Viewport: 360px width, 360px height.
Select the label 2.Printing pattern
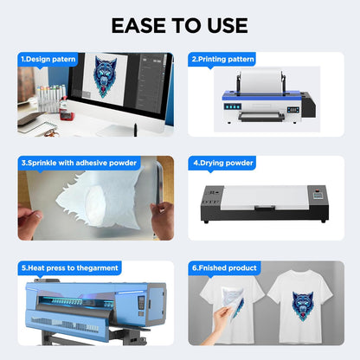[x=222, y=60]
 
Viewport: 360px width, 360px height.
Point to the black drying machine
[x=265, y=202]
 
